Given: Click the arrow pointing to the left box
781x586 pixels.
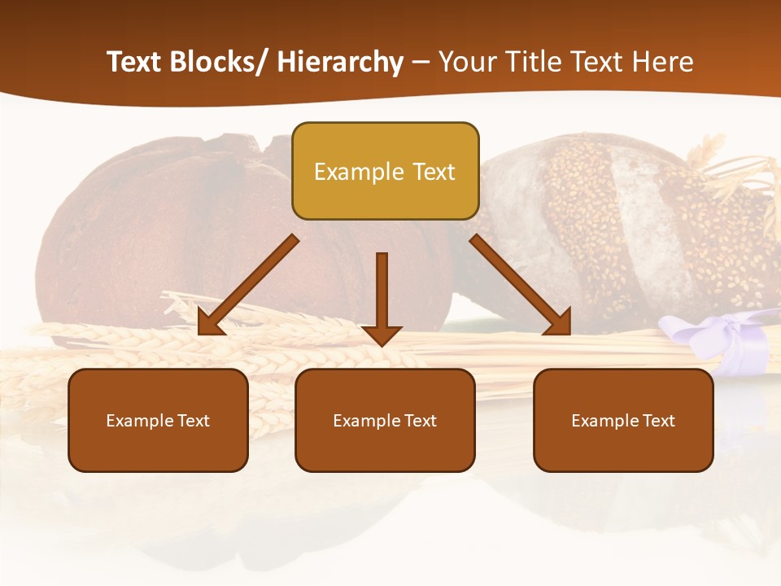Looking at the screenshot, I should pos(247,285).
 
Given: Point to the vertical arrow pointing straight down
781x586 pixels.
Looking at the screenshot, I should pos(382,298).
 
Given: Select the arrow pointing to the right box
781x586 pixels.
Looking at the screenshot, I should pos(521,285).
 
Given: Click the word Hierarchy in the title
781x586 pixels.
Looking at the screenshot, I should pos(340,62).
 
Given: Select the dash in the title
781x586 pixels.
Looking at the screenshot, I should pos(421,62).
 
